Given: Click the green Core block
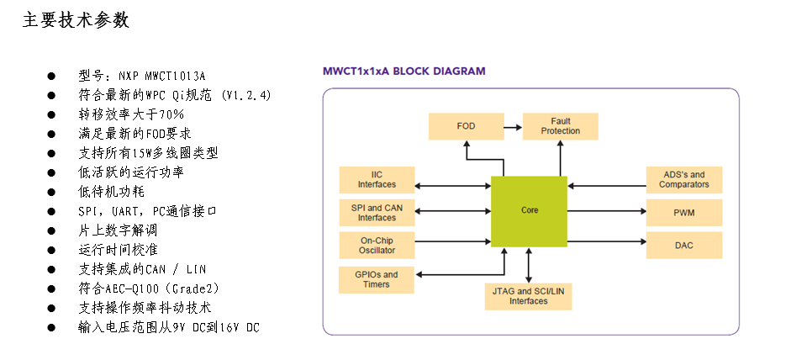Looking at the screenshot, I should (x=529, y=210).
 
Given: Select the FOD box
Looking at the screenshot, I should (x=466, y=126).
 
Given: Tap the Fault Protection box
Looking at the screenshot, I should (x=560, y=126).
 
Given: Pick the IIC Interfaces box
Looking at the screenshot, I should (x=377, y=179).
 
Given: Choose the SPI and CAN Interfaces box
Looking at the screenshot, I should (x=377, y=212).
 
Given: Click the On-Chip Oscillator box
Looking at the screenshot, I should (x=377, y=246).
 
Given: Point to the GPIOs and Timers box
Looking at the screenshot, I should (x=377, y=279).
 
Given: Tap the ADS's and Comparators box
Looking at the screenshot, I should (x=683, y=179).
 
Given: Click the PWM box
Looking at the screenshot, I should (x=683, y=213).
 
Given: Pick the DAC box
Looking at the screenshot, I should (x=683, y=245).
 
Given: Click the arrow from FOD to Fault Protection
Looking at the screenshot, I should (x=512, y=126).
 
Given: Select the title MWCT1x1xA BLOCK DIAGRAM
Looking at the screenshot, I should (x=404, y=71).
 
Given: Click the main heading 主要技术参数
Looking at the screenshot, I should (x=76, y=21).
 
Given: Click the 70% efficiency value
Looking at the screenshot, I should (x=171, y=114).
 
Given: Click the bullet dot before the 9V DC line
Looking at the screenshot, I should (x=50, y=327).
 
